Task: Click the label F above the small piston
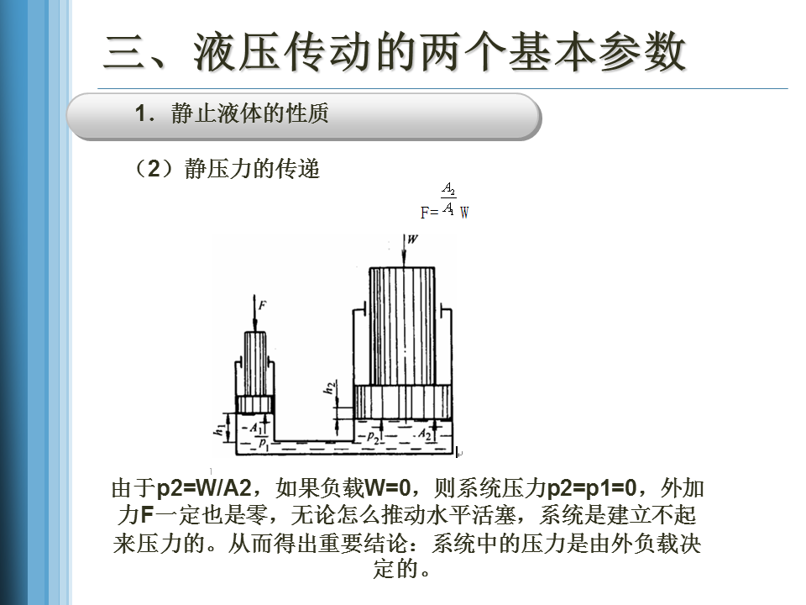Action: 263,306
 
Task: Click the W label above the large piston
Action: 411,239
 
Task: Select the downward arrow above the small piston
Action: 254,316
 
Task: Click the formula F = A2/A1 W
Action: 445,202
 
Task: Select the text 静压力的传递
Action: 253,169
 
